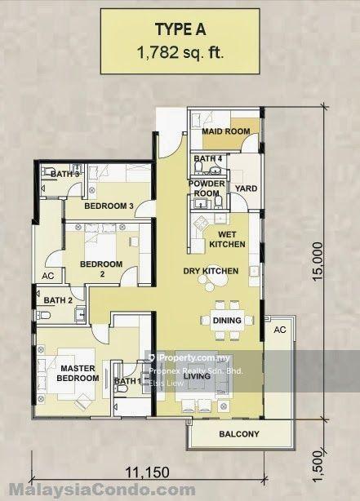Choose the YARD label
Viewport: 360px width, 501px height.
pyautogui.click(x=246, y=188)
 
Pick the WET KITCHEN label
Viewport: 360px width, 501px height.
pyautogui.click(x=226, y=238)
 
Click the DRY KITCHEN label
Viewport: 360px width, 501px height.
pyautogui.click(x=211, y=271)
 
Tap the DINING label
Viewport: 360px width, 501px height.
pyautogui.click(x=226, y=321)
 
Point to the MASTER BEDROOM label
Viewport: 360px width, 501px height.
pyautogui.click(x=78, y=374)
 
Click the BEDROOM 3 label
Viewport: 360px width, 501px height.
pyautogui.click(x=109, y=206)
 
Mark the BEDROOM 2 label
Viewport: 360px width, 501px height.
pyautogui.click(x=100, y=269)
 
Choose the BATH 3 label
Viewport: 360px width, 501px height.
pyautogui.click(x=64, y=174)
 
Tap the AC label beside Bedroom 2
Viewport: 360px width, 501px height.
pyautogui.click(x=48, y=276)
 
